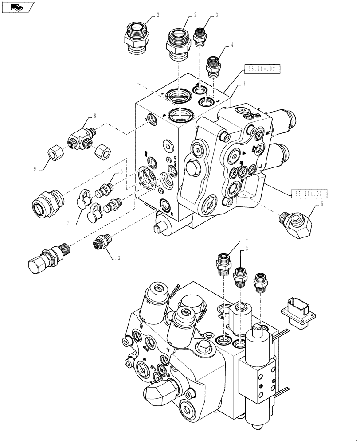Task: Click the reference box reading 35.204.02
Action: pos(262,69)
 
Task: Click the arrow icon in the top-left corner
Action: pos(18,7)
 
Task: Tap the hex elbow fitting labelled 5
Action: pos(297,220)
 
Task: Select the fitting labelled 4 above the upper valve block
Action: pos(214,66)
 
